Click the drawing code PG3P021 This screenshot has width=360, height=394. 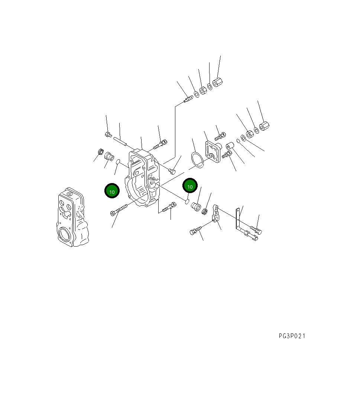tap(292, 336)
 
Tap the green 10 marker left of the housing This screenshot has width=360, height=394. tap(111, 191)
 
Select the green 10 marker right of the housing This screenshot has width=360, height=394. tap(190, 186)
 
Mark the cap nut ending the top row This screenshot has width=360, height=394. tap(217, 82)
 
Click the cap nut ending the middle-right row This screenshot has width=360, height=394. tap(264, 126)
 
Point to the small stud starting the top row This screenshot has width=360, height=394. tap(188, 99)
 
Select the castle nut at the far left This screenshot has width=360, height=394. tap(99, 152)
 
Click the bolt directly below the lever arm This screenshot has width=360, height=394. tap(196, 230)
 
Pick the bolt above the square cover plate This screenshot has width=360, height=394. tap(220, 135)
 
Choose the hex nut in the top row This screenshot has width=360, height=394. tap(203, 90)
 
